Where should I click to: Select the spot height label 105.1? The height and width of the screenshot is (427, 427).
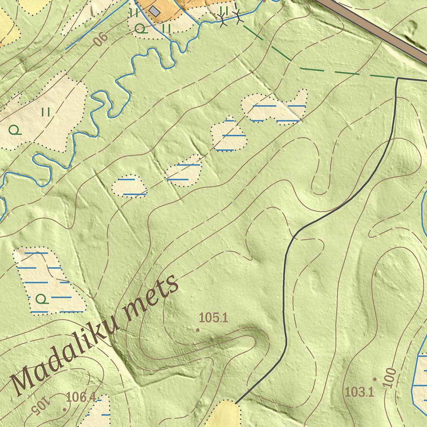(213, 318)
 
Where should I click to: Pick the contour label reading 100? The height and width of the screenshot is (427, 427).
(391, 378)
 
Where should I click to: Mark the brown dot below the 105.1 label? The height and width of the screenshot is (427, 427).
(198, 330)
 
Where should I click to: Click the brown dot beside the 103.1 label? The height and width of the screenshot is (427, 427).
(374, 379)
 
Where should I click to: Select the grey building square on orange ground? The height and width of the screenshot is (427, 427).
(155, 11)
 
